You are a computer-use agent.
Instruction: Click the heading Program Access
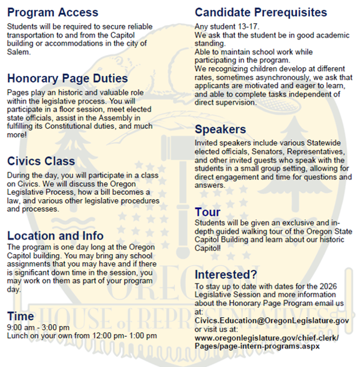(x=53, y=12)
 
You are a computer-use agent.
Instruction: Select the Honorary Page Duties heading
(x=68, y=78)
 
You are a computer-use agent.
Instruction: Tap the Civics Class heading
(x=41, y=161)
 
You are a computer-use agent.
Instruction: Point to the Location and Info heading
(x=55, y=235)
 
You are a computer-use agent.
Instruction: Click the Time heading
(x=20, y=316)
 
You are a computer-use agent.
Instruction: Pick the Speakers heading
(x=220, y=129)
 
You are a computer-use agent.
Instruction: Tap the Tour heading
(x=208, y=212)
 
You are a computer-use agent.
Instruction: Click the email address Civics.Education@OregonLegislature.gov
(x=272, y=321)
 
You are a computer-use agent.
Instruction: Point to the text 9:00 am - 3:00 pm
(x=38, y=327)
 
